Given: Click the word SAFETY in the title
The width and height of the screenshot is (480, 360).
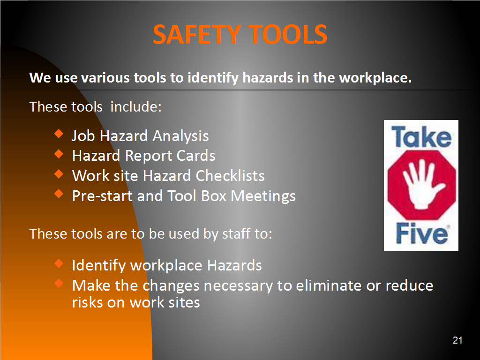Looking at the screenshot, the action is click(196, 34).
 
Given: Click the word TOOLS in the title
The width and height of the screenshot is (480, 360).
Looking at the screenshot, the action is click(288, 34).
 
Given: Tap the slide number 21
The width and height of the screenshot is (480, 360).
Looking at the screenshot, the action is click(457, 340).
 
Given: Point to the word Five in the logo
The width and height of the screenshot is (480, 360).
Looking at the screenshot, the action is click(422, 233).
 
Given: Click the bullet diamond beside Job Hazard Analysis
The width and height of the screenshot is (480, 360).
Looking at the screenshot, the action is click(59, 134).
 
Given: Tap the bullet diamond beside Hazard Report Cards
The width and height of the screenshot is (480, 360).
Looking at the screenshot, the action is click(59, 153).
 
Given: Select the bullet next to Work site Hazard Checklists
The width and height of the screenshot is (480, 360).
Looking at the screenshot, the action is click(59, 173).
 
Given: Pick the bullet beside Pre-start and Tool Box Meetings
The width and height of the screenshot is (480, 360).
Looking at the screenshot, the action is click(59, 194).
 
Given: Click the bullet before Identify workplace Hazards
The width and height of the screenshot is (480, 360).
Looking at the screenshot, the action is click(59, 263).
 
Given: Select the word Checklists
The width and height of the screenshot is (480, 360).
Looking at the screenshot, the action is click(230, 176).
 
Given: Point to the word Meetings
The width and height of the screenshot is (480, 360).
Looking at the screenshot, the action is click(263, 196).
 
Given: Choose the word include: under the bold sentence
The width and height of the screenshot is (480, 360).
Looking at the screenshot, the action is click(136, 107).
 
